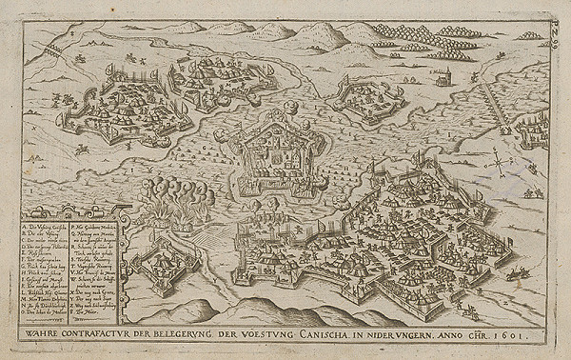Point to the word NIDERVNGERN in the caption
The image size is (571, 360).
coord(428,335)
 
